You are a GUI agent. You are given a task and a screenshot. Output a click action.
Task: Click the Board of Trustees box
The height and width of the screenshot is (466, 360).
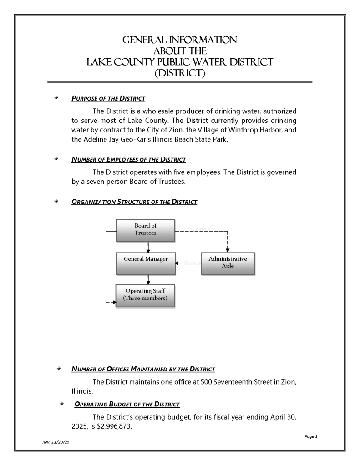[146, 230]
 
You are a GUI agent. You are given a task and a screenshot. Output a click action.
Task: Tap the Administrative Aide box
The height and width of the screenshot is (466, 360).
[228, 263]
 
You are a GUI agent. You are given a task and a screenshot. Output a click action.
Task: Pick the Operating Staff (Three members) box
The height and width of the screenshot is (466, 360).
[145, 295]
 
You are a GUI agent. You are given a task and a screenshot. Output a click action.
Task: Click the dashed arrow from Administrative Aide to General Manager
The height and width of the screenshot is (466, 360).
[188, 263]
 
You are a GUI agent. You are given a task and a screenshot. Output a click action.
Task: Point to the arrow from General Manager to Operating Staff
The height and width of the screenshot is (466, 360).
[149, 279]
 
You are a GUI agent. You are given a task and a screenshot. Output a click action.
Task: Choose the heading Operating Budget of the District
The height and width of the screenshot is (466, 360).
[127, 404]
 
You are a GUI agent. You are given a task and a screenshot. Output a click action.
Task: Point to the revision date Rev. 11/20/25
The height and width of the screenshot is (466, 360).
[56, 442]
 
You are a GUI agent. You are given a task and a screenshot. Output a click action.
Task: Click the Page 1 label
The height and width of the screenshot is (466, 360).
[311, 436]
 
